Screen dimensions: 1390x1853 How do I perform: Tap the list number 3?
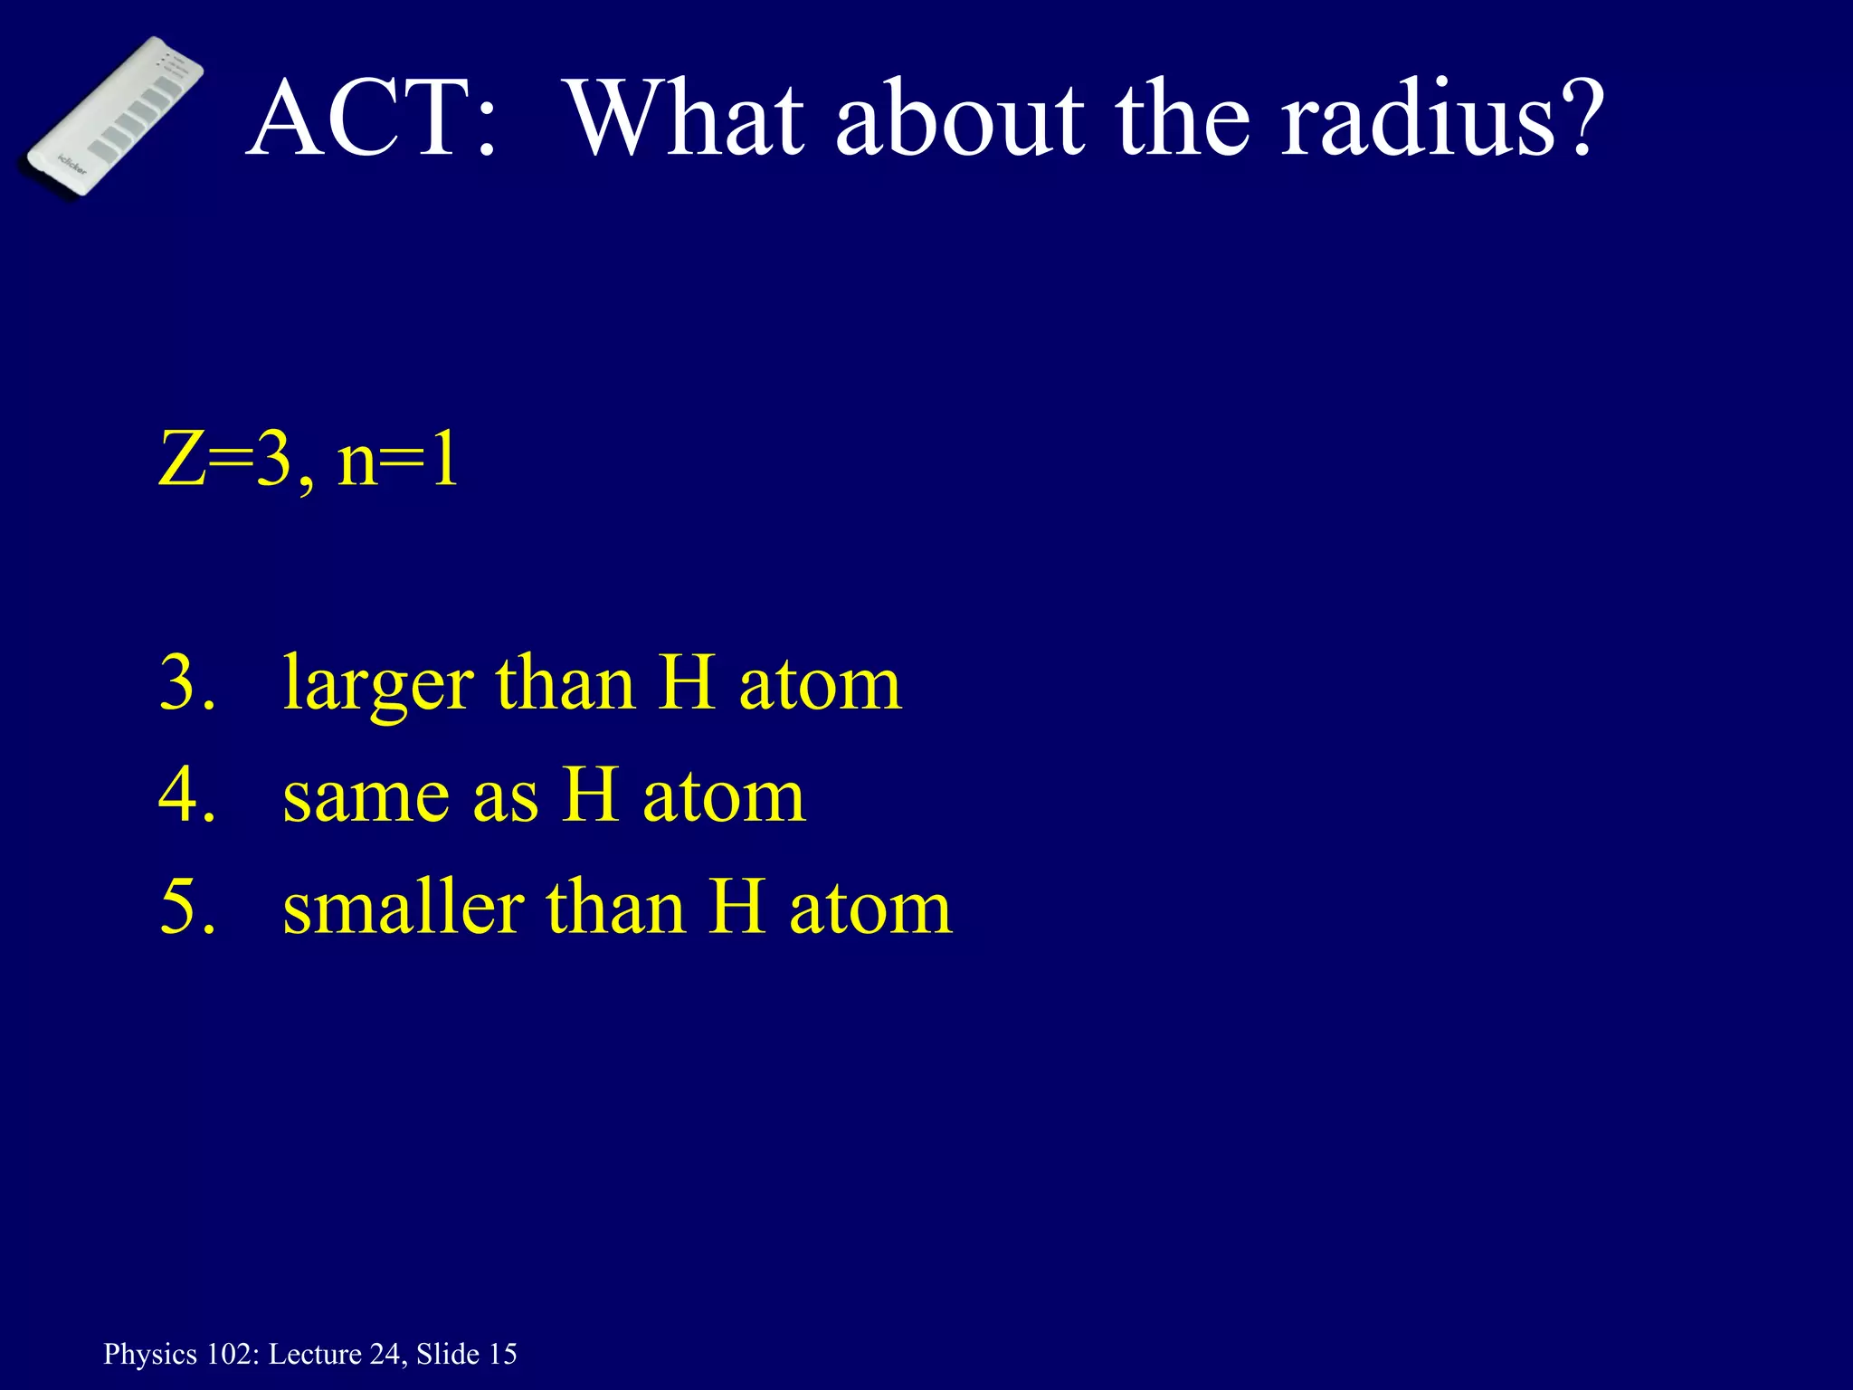(181, 684)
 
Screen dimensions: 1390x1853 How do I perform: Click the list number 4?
(181, 796)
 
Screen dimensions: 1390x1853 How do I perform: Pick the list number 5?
(181, 908)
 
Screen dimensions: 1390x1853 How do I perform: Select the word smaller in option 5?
(404, 908)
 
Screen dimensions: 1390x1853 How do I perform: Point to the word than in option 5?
(615, 908)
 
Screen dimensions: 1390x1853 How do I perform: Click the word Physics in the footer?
(150, 1355)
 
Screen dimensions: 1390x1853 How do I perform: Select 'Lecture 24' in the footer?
(337, 1355)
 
